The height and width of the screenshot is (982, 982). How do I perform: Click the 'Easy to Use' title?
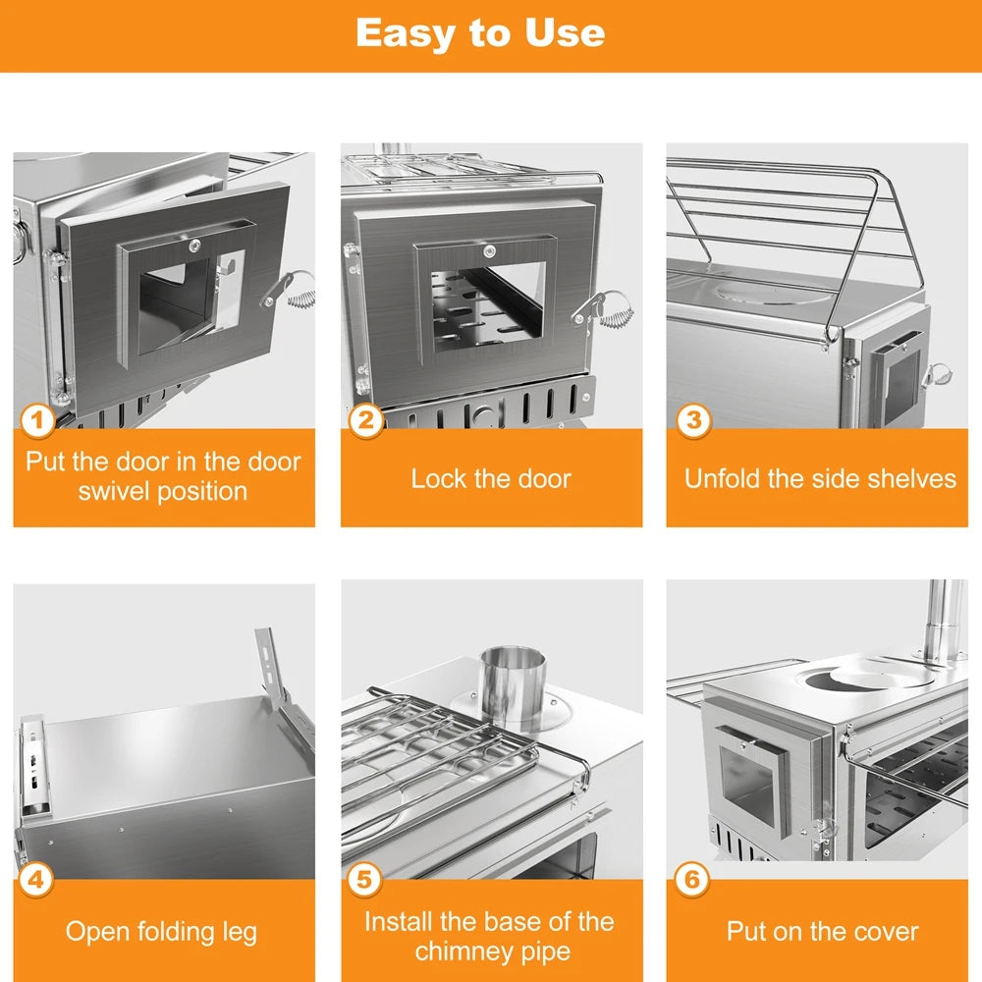(x=480, y=32)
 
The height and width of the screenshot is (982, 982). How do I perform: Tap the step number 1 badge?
(x=37, y=422)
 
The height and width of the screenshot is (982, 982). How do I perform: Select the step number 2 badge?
(x=365, y=421)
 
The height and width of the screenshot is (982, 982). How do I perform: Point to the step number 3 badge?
(x=692, y=420)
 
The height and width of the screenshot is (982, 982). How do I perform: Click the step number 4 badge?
(x=37, y=878)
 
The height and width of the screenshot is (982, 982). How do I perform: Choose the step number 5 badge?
(x=365, y=878)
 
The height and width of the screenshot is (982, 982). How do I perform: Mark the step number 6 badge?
(x=692, y=878)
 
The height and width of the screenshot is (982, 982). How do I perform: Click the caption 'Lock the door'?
(x=491, y=479)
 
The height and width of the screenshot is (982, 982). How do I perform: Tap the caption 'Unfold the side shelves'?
(x=819, y=479)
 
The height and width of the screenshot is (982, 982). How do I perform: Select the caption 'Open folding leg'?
(x=162, y=931)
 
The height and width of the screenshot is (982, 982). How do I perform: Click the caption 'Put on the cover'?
(x=822, y=931)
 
